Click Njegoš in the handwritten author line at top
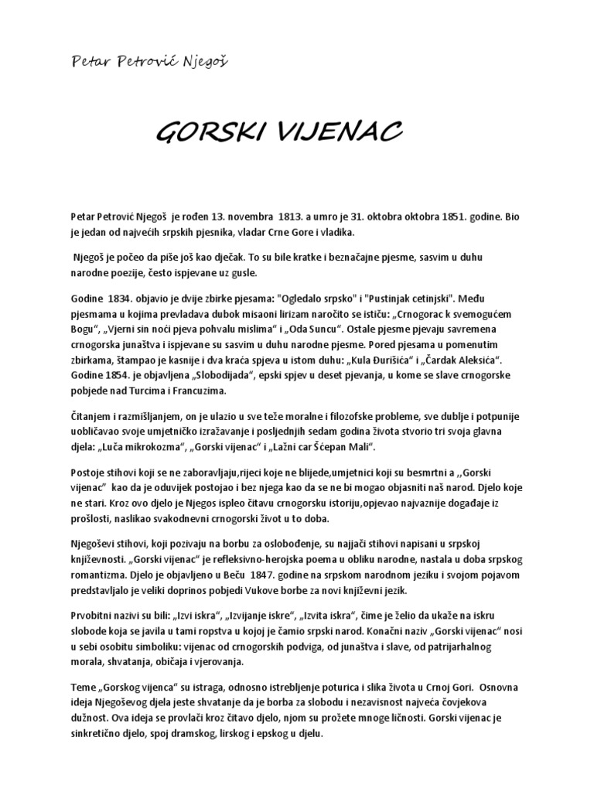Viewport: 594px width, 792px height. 204,59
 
